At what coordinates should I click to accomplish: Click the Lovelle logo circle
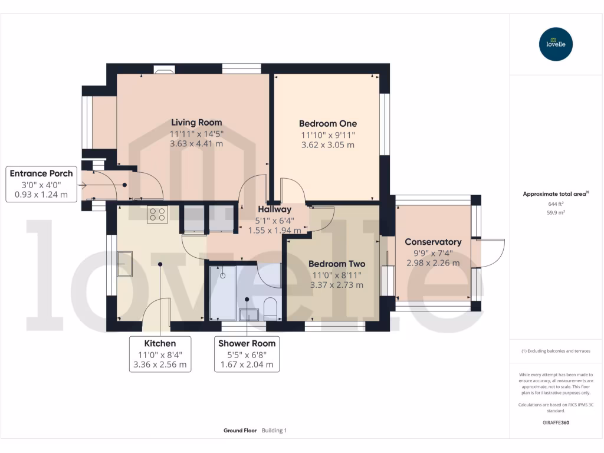coord(556,44)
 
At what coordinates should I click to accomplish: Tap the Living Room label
coord(196,123)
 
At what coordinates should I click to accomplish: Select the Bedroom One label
coord(327,124)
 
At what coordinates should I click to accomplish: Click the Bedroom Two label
coord(337,264)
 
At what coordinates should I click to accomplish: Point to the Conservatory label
coord(433,242)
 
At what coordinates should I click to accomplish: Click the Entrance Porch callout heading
coord(41,173)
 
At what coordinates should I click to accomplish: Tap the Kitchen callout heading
coord(160,343)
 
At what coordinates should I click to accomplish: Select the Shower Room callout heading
coord(247,343)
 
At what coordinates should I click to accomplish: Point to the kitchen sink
coord(124,264)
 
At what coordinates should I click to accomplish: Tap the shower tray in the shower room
coord(223,293)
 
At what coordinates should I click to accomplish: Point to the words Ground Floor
coord(240,431)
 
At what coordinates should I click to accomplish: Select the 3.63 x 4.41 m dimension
coord(196,143)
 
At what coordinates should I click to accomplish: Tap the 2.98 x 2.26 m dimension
coord(433,263)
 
